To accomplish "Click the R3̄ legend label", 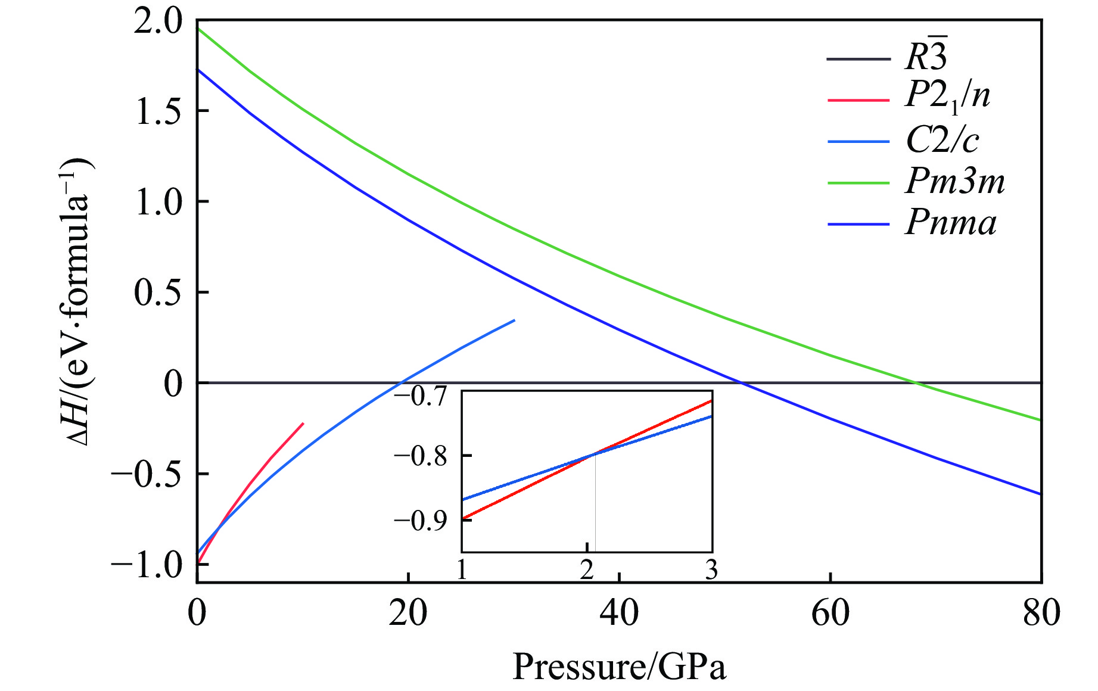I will tap(926, 57).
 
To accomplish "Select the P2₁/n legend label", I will tap(947, 95).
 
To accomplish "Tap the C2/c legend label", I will tap(942, 140).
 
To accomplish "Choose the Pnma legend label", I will tap(950, 223).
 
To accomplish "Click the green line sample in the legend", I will tap(858, 182).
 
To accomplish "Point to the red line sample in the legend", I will tap(858, 99).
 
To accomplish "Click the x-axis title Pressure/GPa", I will tap(619, 666).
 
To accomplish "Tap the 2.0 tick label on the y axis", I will tap(157, 22).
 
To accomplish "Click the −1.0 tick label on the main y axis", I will tap(146, 564).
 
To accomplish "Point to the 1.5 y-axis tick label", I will tap(157, 111).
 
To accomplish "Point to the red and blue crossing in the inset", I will tap(595, 455).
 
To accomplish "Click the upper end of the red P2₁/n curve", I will tap(303, 424).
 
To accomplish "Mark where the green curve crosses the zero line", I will tap(916, 382).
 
